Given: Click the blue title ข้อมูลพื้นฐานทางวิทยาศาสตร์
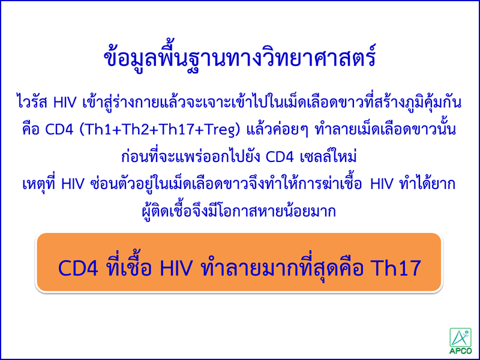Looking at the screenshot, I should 239,59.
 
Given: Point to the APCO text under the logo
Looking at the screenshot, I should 461,350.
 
